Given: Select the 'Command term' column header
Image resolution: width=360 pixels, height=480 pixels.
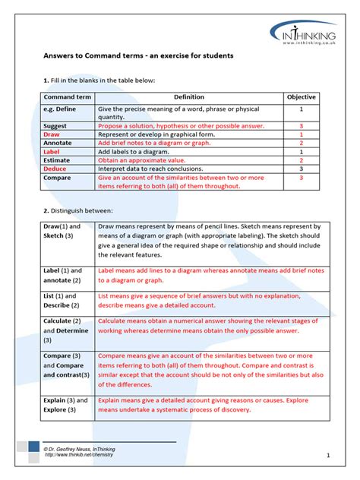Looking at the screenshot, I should tap(65, 98).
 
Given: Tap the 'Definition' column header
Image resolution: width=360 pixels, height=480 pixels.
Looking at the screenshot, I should tap(189, 98).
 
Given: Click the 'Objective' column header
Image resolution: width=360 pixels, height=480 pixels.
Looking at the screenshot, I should tap(301, 98).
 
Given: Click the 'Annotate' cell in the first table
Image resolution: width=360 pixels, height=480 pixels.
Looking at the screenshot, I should tap(58, 142).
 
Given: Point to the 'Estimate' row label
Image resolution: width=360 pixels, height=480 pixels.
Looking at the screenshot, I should tap(58, 160).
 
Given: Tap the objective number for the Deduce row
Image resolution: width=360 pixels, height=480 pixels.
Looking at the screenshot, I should tap(301, 169).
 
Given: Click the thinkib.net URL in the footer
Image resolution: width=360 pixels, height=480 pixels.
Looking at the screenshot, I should tap(83, 456).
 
